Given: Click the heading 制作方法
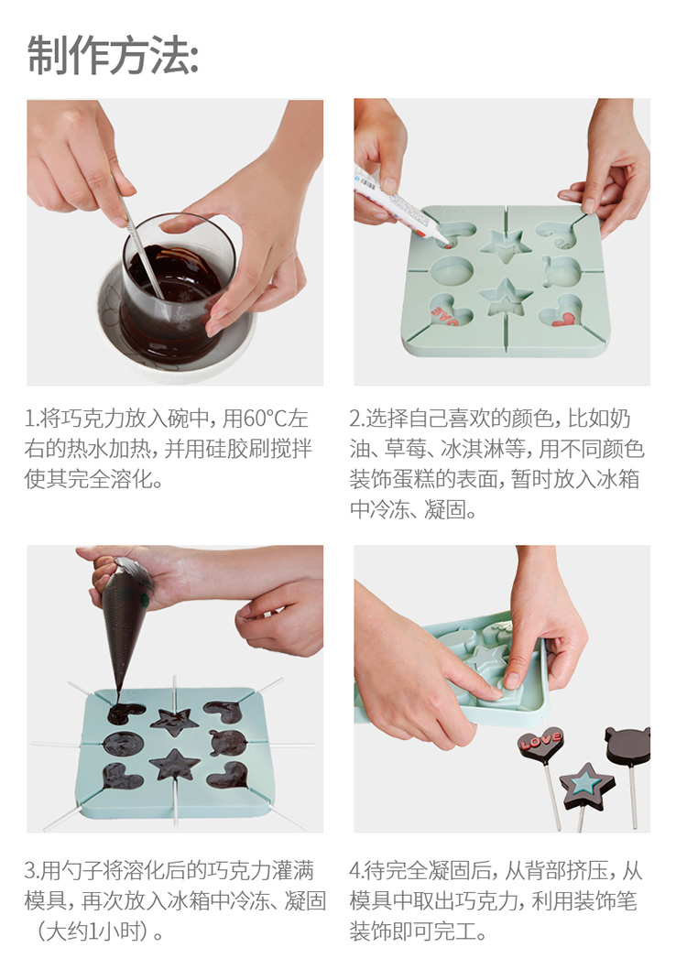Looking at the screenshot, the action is [113, 56].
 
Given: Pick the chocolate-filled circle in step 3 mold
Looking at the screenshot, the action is [124, 743].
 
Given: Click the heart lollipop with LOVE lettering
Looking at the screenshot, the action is [540, 744].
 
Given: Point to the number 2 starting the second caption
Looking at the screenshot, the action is [355, 419].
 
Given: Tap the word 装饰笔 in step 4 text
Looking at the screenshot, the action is [605, 900].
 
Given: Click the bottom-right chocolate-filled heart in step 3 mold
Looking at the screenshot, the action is [229, 775].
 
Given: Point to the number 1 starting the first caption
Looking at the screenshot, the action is [28, 419].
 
